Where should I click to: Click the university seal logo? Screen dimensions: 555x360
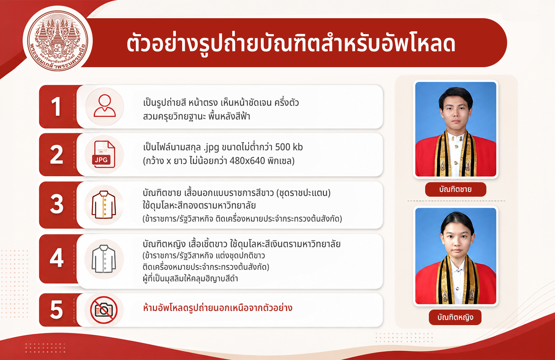pyautogui.click(x=58, y=41)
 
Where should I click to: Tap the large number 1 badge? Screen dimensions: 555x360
pyautogui.click(x=56, y=107)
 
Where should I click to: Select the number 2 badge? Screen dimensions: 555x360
pyautogui.click(x=56, y=154)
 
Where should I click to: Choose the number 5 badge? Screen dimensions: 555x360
pyautogui.click(x=56, y=310)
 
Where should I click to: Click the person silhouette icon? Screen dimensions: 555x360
pyautogui.click(x=105, y=106)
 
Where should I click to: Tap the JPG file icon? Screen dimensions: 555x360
pyautogui.click(x=104, y=154)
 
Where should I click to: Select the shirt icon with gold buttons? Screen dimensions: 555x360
pyautogui.click(x=104, y=205)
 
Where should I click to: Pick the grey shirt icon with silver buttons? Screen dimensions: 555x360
pyautogui.click(x=104, y=259)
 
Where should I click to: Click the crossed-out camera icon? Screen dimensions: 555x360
pyautogui.click(x=104, y=310)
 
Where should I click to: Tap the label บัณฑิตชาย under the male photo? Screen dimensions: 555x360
pyautogui.click(x=456, y=189)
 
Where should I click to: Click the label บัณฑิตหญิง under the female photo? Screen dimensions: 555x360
pyautogui.click(x=455, y=317)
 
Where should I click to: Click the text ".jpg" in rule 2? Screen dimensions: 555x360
pyautogui.click(x=211, y=147)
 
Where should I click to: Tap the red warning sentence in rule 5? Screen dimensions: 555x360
pyautogui.click(x=217, y=308)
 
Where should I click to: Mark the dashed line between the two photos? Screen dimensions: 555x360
pyautogui.click(x=456, y=201)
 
